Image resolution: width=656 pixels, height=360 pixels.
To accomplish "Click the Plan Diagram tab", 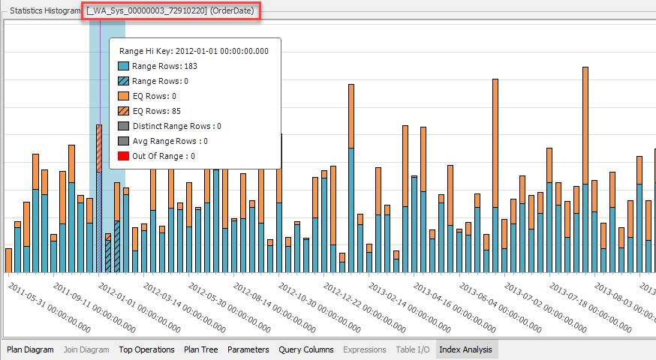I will [x=30, y=349].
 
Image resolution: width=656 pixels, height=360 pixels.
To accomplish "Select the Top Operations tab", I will [x=146, y=349].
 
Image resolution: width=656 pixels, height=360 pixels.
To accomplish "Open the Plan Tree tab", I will [x=201, y=349].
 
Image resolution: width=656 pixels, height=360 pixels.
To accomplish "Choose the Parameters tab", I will [x=248, y=349].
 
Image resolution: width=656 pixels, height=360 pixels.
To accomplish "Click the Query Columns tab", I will [x=306, y=349].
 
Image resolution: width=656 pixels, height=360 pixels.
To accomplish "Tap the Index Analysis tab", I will [x=465, y=349].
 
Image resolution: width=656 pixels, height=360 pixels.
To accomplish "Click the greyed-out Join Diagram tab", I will [x=86, y=349].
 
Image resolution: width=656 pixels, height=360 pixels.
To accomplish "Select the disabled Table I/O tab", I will [x=412, y=349].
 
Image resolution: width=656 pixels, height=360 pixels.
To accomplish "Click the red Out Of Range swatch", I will [x=124, y=156].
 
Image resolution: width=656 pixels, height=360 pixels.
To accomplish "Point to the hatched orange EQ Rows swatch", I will [x=124, y=111].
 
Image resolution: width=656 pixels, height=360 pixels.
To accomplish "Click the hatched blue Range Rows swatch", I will [x=124, y=81].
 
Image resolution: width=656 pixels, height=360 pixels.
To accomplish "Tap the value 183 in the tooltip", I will [x=190, y=66].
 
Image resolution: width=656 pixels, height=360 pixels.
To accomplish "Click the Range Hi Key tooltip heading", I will [x=194, y=51].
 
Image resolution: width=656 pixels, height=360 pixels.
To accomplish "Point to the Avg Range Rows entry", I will [x=170, y=141].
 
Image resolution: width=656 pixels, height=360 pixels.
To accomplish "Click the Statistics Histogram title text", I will [x=44, y=11].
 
